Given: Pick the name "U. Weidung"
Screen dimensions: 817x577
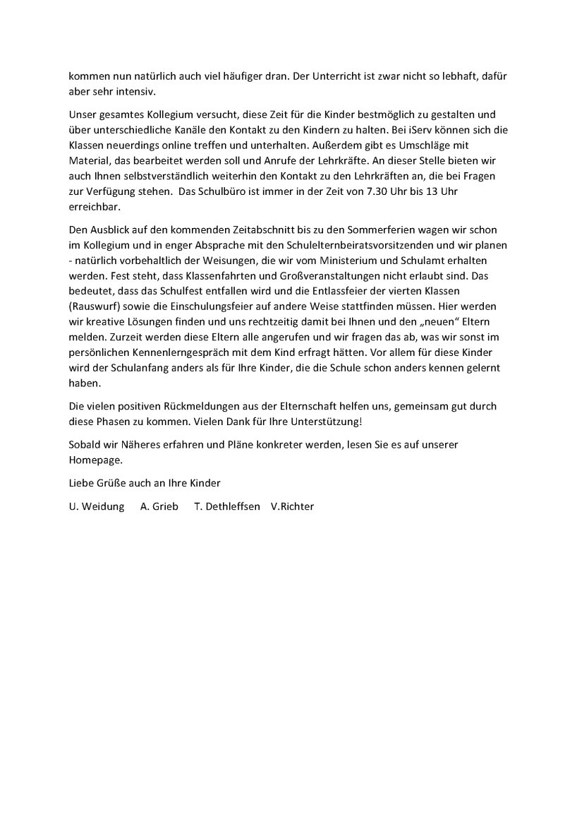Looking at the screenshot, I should click(x=97, y=506).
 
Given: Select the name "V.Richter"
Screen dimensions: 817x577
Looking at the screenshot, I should click(x=292, y=506).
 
